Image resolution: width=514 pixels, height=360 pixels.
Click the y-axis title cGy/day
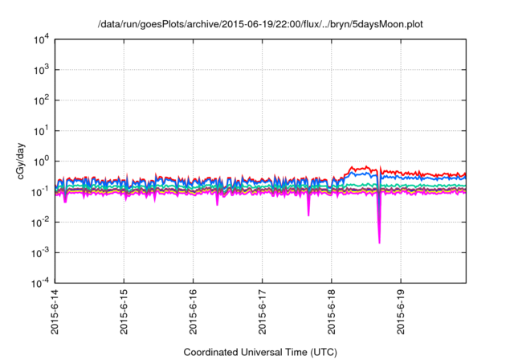[18, 160]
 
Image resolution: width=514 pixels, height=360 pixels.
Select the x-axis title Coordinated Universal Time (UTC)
[259, 352]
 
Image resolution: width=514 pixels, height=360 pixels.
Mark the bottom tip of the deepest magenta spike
[379, 243]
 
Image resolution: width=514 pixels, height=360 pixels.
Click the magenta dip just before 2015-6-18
[308, 215]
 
